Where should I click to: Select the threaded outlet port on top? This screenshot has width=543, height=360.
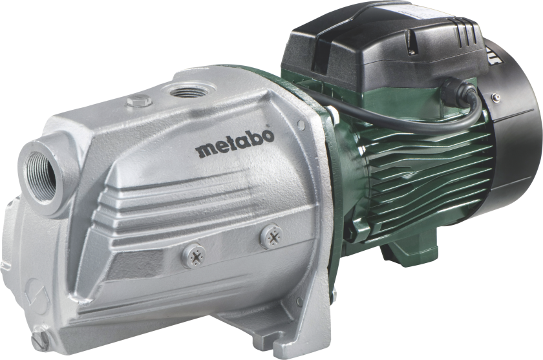click(x=189, y=91)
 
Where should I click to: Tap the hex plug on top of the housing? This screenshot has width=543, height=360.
click(x=139, y=101)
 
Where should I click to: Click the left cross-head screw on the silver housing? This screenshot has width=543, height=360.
click(x=193, y=255)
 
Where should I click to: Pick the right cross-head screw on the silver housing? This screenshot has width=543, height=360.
click(x=271, y=237)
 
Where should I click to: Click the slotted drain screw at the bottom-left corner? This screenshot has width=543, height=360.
click(x=39, y=341)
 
